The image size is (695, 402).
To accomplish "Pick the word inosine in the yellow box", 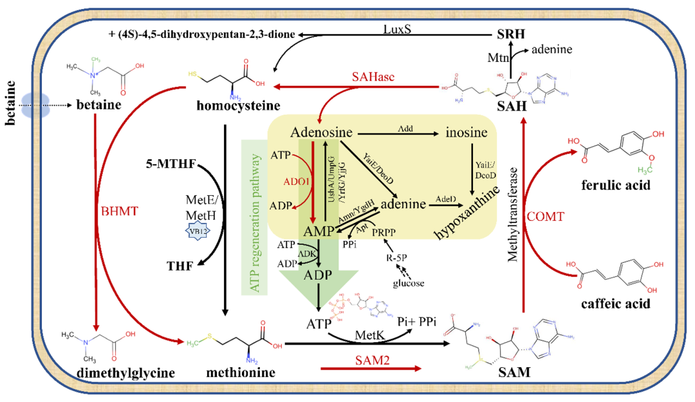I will point(472,133).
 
